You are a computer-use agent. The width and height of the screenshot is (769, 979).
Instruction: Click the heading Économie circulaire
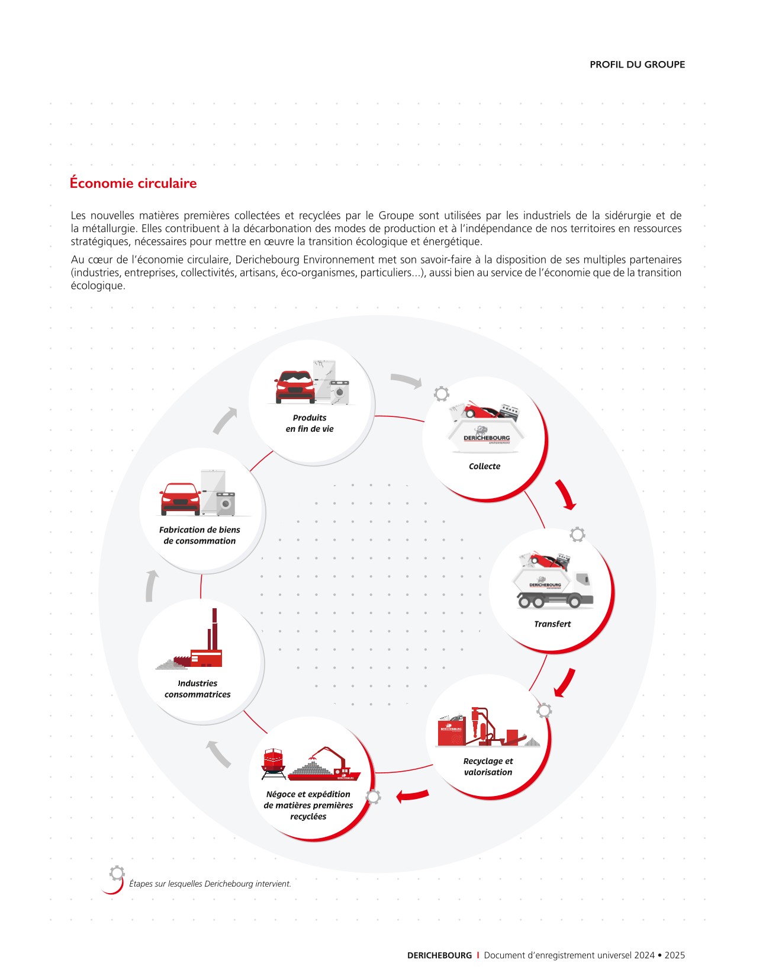point(133,183)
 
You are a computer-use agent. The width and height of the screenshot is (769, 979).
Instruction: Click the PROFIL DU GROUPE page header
point(637,65)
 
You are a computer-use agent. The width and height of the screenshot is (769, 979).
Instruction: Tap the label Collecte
point(484,466)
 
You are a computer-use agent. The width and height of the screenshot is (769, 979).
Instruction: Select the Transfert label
point(552,624)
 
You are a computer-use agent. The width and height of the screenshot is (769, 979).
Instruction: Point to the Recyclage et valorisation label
point(488,766)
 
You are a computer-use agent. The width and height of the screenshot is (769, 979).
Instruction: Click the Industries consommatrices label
point(198,689)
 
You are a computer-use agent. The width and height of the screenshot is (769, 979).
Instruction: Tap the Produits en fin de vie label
point(310,423)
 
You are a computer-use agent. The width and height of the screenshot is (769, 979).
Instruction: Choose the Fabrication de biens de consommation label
point(200,535)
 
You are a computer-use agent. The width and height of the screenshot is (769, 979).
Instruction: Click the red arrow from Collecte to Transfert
point(565,495)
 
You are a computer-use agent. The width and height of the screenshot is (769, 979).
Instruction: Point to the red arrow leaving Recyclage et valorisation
point(412,795)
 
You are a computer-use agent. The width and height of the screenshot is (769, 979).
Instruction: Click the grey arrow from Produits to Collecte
point(406,381)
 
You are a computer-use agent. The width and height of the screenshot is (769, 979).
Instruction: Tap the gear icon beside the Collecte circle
point(442,394)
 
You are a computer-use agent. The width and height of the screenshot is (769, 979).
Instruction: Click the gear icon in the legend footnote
point(117,872)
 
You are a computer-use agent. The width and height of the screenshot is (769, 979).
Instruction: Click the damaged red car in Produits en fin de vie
point(294,387)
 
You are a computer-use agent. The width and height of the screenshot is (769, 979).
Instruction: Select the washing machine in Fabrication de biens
point(226,503)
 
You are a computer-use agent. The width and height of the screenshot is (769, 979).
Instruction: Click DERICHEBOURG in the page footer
point(439,955)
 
